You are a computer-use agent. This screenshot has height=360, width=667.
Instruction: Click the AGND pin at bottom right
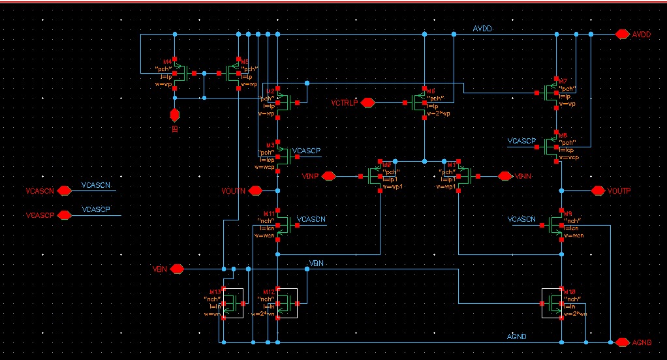(621, 342)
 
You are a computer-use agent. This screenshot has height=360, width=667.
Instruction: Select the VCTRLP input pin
(367, 102)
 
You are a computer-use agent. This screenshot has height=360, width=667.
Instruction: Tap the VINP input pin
(328, 176)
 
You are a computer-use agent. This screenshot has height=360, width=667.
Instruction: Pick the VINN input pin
(504, 176)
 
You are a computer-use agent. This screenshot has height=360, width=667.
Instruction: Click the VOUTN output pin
(255, 190)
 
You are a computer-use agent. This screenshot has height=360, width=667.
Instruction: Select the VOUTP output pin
(598, 190)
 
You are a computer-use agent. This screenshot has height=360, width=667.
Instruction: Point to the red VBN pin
(176, 269)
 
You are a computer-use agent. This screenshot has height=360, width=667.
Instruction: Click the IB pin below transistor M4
(174, 115)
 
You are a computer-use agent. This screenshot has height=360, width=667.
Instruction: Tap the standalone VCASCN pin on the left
(64, 191)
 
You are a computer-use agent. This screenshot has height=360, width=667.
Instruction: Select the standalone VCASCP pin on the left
(64, 215)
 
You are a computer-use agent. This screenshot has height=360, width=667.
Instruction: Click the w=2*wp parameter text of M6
(438, 113)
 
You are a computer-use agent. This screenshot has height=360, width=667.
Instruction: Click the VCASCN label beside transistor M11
(311, 219)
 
